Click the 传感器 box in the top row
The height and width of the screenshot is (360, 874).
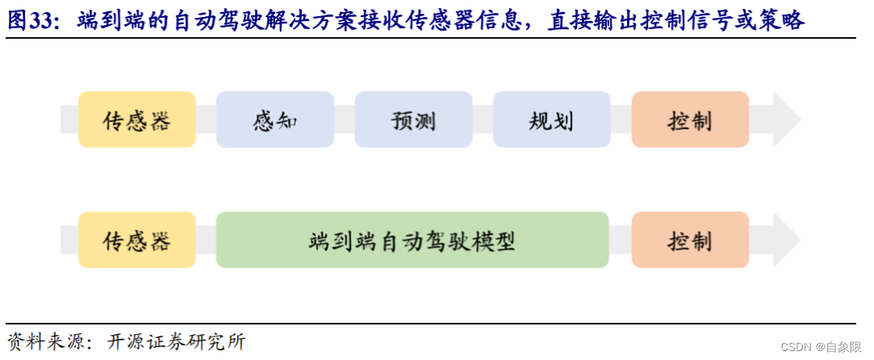137,120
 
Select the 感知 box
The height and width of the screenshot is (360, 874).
275,120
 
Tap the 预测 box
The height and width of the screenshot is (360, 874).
414,120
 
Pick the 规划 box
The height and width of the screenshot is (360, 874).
551,120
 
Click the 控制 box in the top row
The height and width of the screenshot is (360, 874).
689,120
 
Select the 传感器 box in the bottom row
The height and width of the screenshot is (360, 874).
137,240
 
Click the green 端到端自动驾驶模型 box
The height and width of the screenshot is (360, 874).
412,240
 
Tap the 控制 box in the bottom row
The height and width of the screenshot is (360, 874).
689,240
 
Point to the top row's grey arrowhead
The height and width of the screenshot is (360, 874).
785,120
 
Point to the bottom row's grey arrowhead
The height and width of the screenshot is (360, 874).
785,240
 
